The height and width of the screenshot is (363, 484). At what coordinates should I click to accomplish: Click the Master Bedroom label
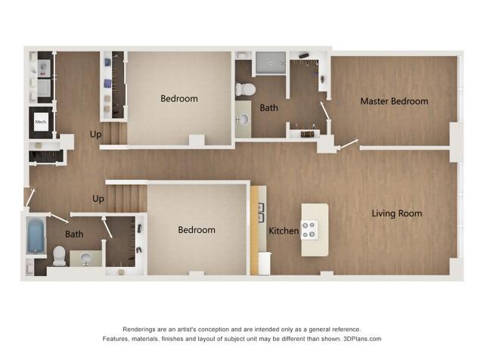393,101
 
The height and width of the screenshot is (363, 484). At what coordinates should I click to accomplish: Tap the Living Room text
396,213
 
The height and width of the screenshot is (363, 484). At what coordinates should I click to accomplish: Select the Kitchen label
284,230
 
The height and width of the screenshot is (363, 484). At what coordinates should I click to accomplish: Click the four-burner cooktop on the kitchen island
310,230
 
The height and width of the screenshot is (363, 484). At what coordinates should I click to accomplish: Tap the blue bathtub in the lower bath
36,236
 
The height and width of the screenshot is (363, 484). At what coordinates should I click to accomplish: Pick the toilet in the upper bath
245,89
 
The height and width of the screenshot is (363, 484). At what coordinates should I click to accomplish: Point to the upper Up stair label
96,134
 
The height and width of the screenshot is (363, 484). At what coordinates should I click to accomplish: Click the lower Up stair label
98,200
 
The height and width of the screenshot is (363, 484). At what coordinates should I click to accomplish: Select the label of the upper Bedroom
179,98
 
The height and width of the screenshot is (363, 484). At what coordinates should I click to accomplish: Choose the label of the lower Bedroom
196,230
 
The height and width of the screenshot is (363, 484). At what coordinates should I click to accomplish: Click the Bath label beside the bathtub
74,234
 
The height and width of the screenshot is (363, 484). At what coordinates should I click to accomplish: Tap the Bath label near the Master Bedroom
268,107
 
